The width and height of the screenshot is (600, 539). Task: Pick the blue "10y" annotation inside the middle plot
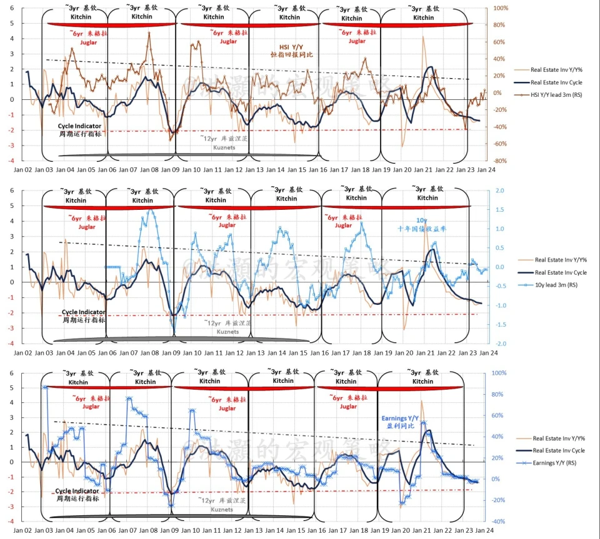tap(422, 220)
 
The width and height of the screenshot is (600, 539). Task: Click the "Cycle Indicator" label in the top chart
tap(79, 126)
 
